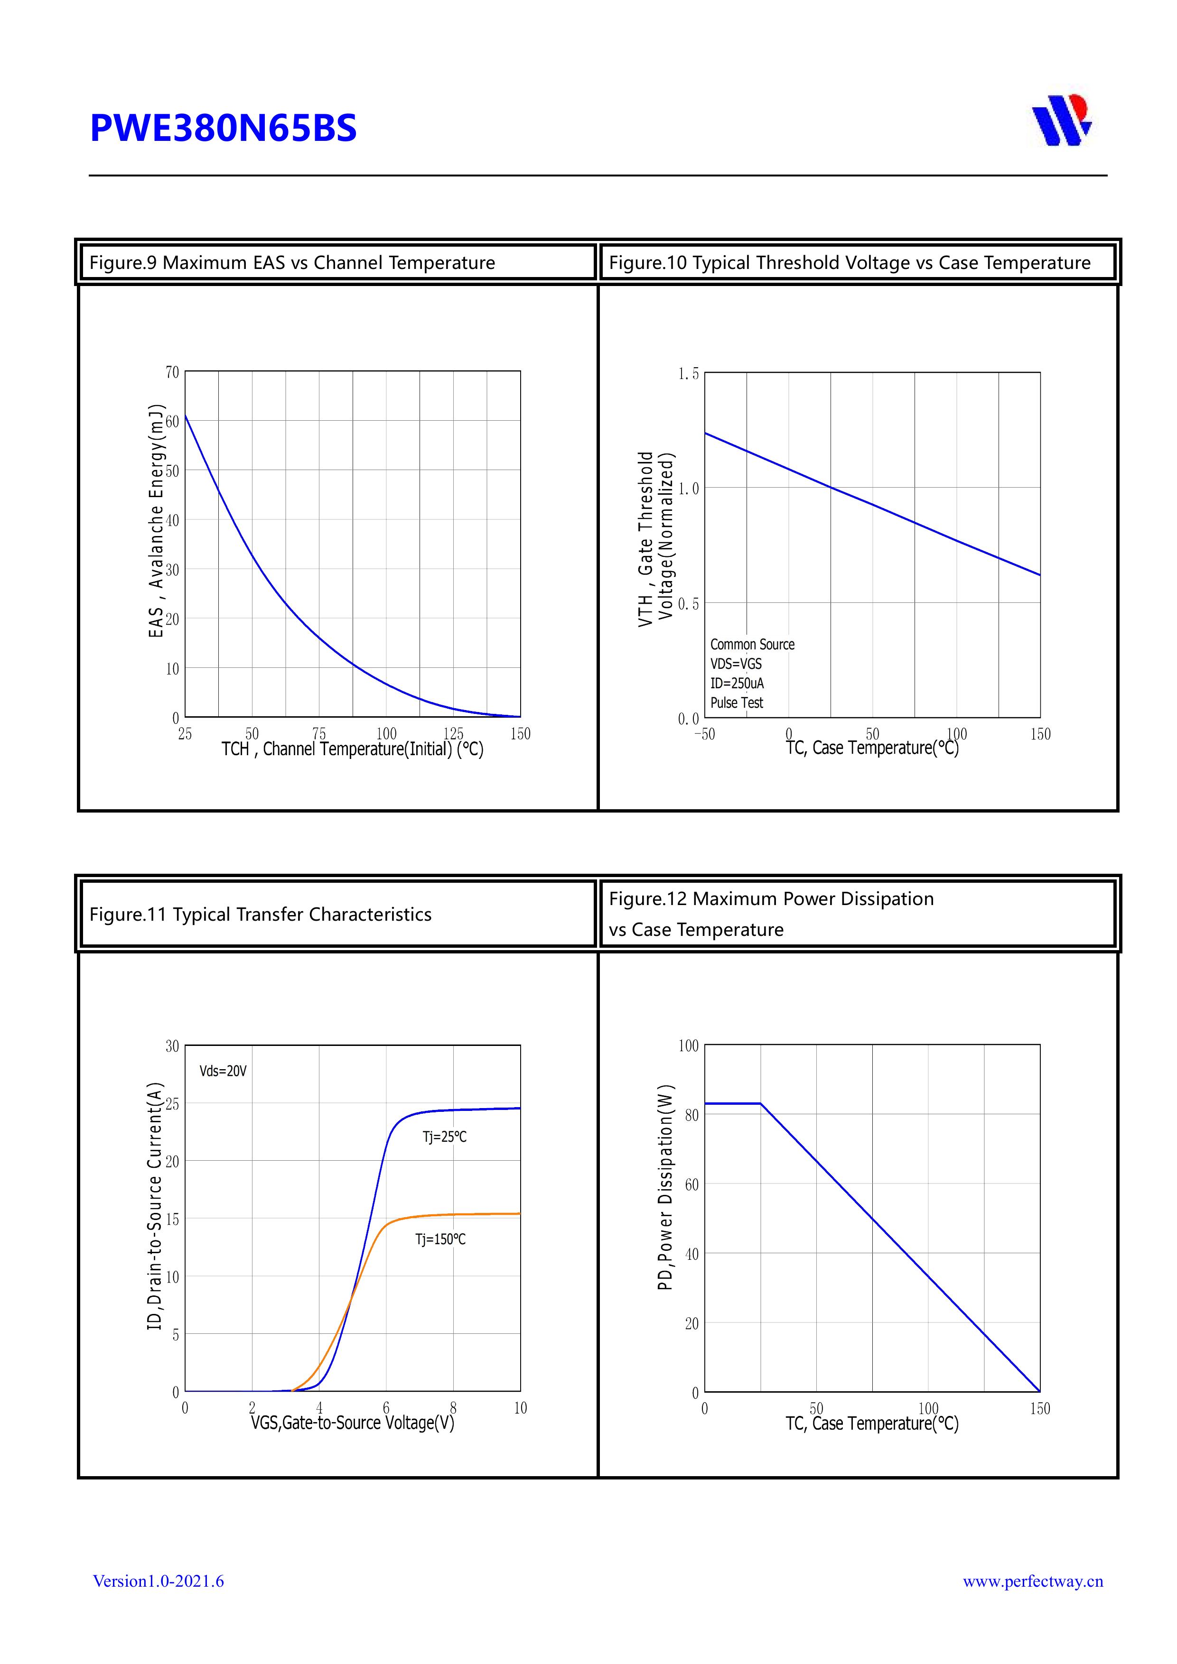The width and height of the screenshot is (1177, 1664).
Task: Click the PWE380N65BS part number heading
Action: [224, 128]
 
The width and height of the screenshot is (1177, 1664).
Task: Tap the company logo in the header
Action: [1062, 120]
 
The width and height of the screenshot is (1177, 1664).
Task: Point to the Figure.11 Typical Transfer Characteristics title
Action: [261, 914]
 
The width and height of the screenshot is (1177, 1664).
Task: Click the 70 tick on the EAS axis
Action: [172, 372]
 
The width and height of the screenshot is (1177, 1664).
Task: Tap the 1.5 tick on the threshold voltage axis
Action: [688, 374]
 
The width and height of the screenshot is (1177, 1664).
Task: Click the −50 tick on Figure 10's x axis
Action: [704, 734]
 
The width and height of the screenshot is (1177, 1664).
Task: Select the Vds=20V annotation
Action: [224, 1071]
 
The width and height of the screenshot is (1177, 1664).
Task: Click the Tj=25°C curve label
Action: [445, 1137]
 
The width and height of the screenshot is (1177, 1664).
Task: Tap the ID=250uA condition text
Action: [737, 684]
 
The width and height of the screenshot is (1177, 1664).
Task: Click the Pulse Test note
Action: [737, 703]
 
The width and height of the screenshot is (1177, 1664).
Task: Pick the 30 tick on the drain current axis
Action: [172, 1046]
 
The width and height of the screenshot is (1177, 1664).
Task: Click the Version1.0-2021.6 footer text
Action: [158, 1581]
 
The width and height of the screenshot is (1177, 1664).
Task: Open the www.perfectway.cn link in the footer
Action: [1033, 1581]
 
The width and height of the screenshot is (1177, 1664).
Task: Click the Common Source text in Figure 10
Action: [752, 644]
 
